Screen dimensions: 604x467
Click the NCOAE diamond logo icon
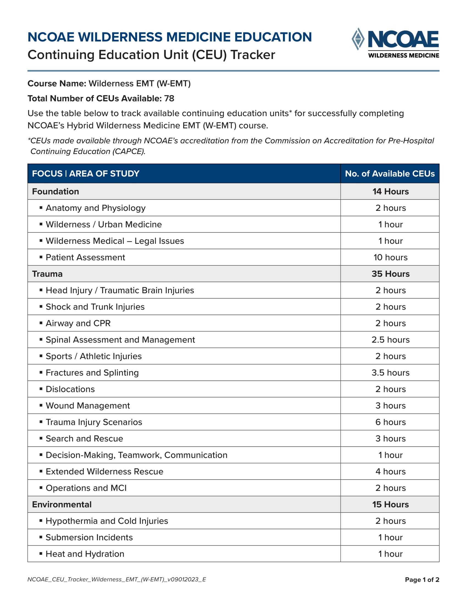click(x=358, y=39)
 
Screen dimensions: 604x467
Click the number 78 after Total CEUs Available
click(x=169, y=99)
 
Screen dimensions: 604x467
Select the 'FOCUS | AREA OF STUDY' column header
click(x=85, y=174)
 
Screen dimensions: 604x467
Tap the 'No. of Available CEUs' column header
click(x=390, y=174)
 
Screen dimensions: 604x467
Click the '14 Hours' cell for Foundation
click(x=390, y=191)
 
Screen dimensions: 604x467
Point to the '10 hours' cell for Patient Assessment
click(x=390, y=257)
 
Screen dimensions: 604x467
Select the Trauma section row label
click(x=47, y=274)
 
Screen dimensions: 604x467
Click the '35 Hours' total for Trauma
click(x=390, y=274)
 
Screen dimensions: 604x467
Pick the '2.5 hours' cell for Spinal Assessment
click(x=390, y=340)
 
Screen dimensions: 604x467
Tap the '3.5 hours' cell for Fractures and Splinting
click(x=390, y=373)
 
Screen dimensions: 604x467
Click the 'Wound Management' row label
click(x=88, y=406)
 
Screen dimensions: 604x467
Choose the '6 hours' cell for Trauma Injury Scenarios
click(x=390, y=422)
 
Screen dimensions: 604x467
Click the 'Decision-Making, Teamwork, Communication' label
click(x=137, y=455)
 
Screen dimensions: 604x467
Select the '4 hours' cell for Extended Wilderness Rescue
click(x=390, y=471)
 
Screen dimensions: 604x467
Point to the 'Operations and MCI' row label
click(x=86, y=488)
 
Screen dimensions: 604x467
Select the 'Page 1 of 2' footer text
click(x=422, y=580)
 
